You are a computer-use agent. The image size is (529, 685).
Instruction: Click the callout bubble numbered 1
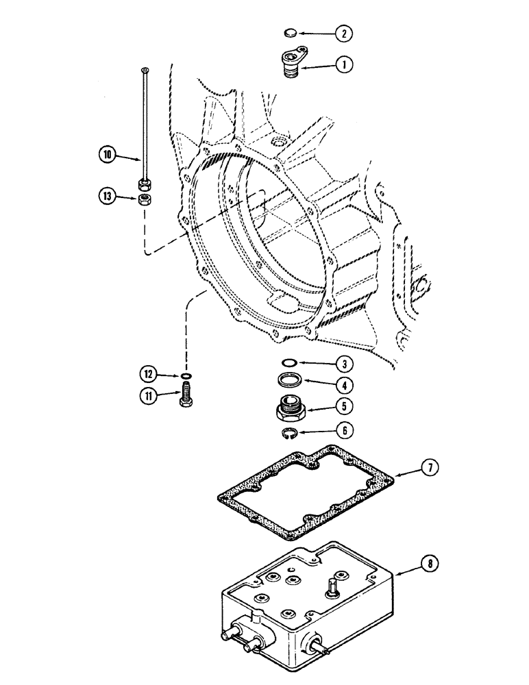[343, 66]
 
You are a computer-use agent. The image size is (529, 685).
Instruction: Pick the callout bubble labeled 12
[146, 374]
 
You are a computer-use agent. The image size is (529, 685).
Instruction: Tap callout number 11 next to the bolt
[146, 395]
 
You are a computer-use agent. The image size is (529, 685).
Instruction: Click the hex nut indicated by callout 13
[145, 199]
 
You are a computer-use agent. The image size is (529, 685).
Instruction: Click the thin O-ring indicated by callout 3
[291, 363]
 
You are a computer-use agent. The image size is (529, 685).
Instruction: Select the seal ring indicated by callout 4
[291, 380]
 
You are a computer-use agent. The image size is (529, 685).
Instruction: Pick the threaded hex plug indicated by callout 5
[291, 409]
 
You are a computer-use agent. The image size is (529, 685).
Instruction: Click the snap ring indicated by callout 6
[291, 432]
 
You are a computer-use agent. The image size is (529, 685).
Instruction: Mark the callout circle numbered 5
[344, 406]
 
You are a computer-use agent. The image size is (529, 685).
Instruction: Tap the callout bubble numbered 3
[344, 363]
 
